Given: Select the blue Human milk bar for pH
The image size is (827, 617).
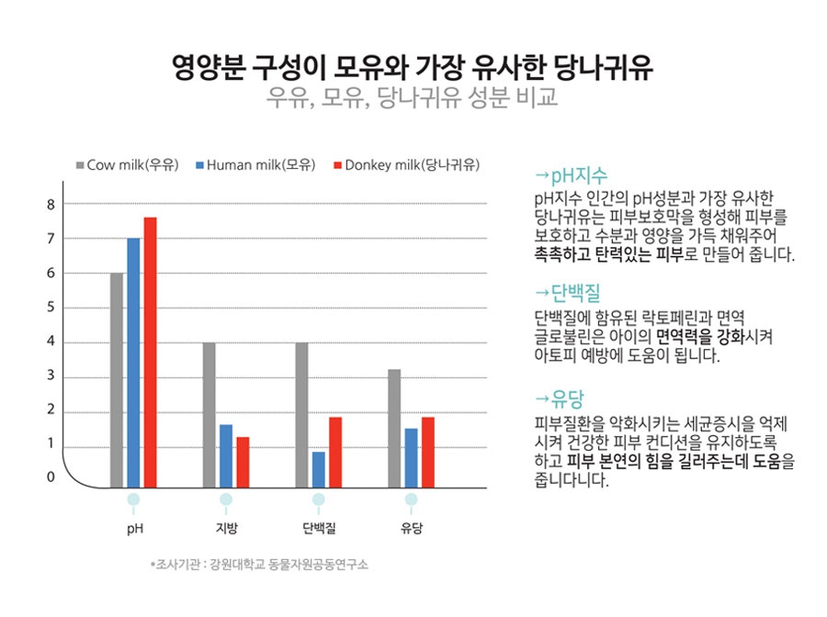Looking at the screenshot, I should pyautogui.click(x=133, y=362).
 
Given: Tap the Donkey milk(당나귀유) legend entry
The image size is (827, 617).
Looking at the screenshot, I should pyautogui.click(x=405, y=165).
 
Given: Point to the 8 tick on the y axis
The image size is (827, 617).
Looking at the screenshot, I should pyautogui.click(x=51, y=204).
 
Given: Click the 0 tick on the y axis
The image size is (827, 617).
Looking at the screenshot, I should pyautogui.click(x=51, y=477).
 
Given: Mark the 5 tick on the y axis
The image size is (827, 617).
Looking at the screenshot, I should pyautogui.click(x=51, y=308).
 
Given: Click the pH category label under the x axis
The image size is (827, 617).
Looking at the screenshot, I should pyautogui.click(x=134, y=528).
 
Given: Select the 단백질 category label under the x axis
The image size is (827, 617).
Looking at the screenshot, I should pyautogui.click(x=318, y=528).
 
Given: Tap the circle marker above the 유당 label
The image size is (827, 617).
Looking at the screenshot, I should pyautogui.click(x=411, y=499).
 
